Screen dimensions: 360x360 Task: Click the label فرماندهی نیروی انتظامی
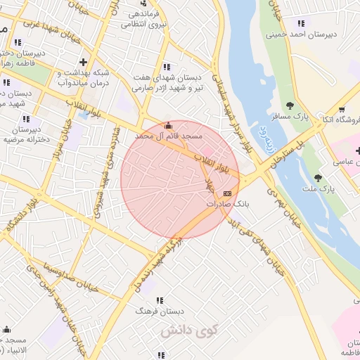tap(144, 18)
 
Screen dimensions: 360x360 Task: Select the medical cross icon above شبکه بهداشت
tap(84, 60)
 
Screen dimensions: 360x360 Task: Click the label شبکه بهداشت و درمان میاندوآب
tap(83, 77)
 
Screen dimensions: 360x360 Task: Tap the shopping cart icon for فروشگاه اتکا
tap(342, 110)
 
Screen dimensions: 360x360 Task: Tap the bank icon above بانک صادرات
tap(227, 193)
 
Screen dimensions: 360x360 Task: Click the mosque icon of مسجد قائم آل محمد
tap(167, 125)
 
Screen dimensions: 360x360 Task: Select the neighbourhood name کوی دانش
tap(189, 330)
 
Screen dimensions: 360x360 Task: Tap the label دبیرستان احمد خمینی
tap(302, 33)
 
